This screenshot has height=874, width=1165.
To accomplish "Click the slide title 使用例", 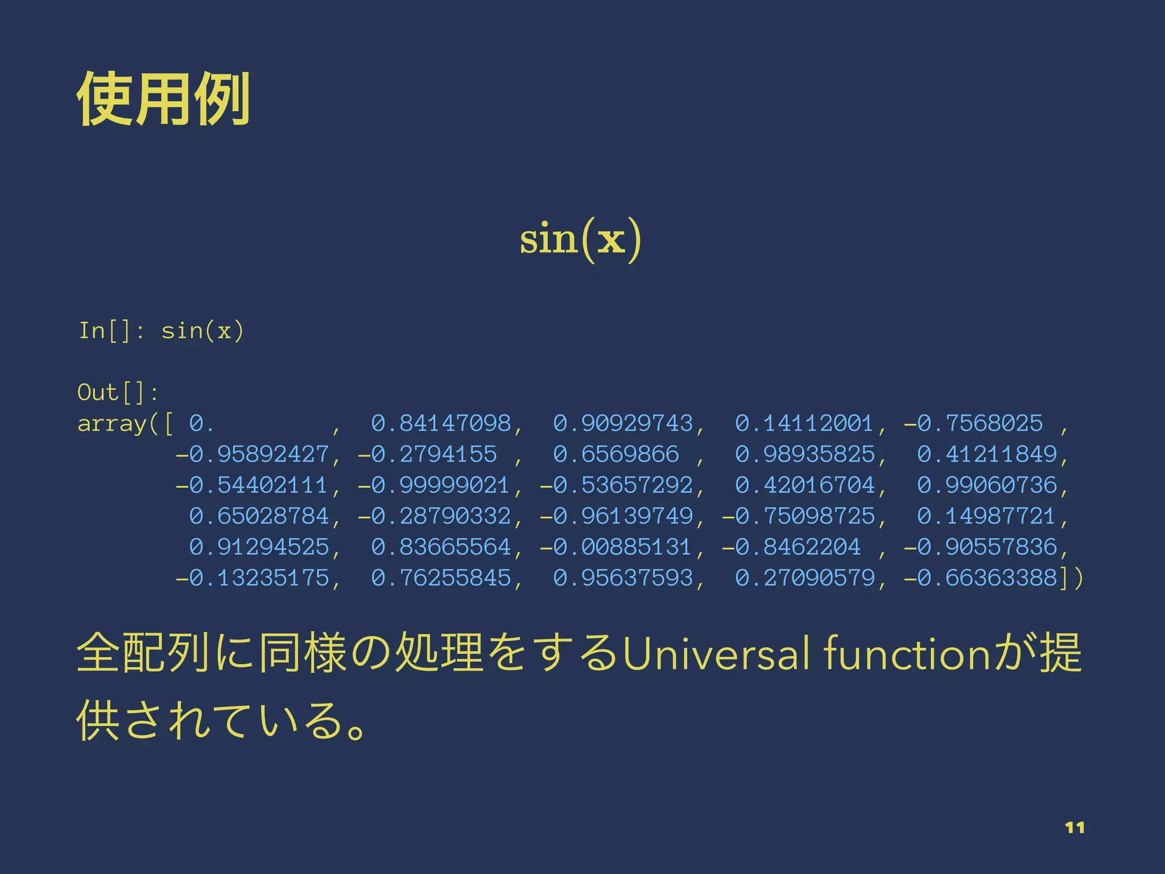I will pos(163,99).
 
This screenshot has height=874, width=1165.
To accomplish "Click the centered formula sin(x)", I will pos(580,239).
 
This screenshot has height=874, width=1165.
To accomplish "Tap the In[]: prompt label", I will pos(111,331).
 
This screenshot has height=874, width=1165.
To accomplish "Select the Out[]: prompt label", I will pos(117,393).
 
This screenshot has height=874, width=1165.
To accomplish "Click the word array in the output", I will pos(112,424).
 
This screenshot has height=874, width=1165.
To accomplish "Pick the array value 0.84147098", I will pos(441,423).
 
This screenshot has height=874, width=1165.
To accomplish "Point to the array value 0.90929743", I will pos(623,423).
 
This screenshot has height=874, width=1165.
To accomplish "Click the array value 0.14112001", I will pos(804,423).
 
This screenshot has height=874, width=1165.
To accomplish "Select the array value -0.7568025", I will pos(973,423).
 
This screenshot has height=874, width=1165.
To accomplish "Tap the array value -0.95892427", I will pos(252,455).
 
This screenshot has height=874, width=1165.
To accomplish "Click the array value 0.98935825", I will pos(804,455).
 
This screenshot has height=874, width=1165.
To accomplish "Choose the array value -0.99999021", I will pos(433,485).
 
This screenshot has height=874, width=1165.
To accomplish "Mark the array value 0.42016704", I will pos(804,485).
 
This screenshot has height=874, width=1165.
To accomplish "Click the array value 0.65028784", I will pos(259,516).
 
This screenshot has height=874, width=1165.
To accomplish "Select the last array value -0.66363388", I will pos(980,578).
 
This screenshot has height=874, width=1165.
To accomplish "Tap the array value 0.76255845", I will pos(441,578).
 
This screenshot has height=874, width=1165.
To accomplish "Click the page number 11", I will pos(1075,827).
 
